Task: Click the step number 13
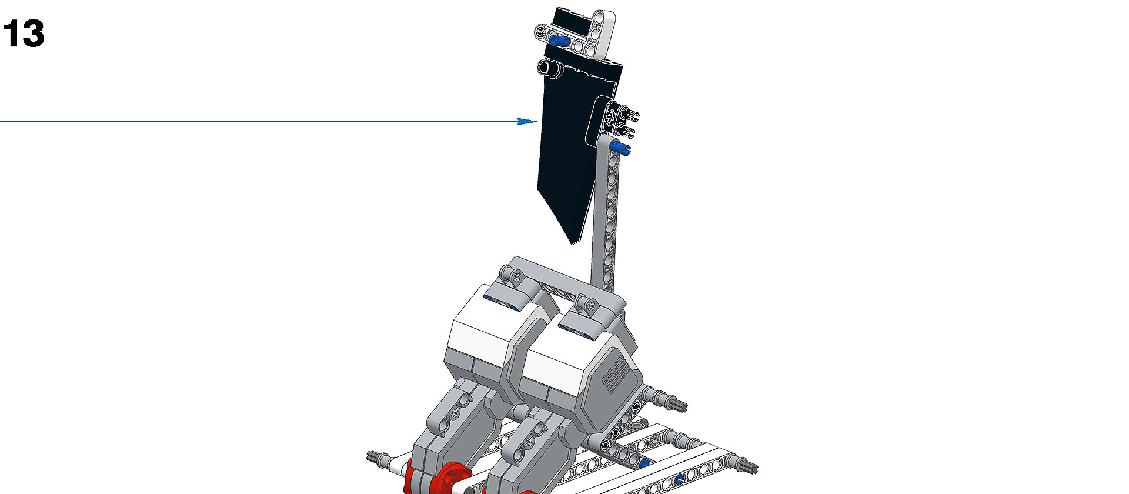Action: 24,34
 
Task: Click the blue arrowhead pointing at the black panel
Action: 527,122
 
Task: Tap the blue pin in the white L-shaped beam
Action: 558,41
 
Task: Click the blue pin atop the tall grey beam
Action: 620,148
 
